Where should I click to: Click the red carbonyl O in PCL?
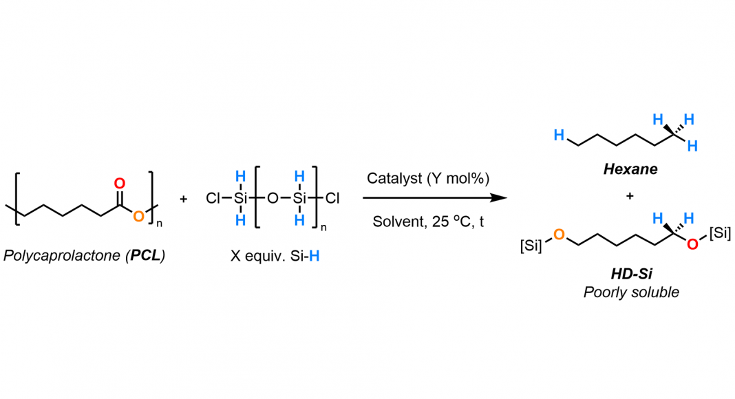point(120,184)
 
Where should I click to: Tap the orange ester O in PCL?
point(138,217)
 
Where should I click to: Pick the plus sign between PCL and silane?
point(183,199)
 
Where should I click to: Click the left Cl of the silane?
point(213,199)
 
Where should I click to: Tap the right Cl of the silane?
point(332,199)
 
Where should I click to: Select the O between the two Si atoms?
point(273,199)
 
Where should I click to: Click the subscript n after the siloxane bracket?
point(323,228)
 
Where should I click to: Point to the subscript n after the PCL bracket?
point(160,224)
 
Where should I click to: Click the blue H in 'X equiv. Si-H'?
point(314,256)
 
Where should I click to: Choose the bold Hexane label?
point(630,169)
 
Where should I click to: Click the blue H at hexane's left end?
point(559,135)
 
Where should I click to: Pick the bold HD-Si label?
point(631,274)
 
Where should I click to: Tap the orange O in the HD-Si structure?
point(559,235)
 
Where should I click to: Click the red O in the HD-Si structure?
point(692,244)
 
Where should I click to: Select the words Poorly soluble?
point(631,292)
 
